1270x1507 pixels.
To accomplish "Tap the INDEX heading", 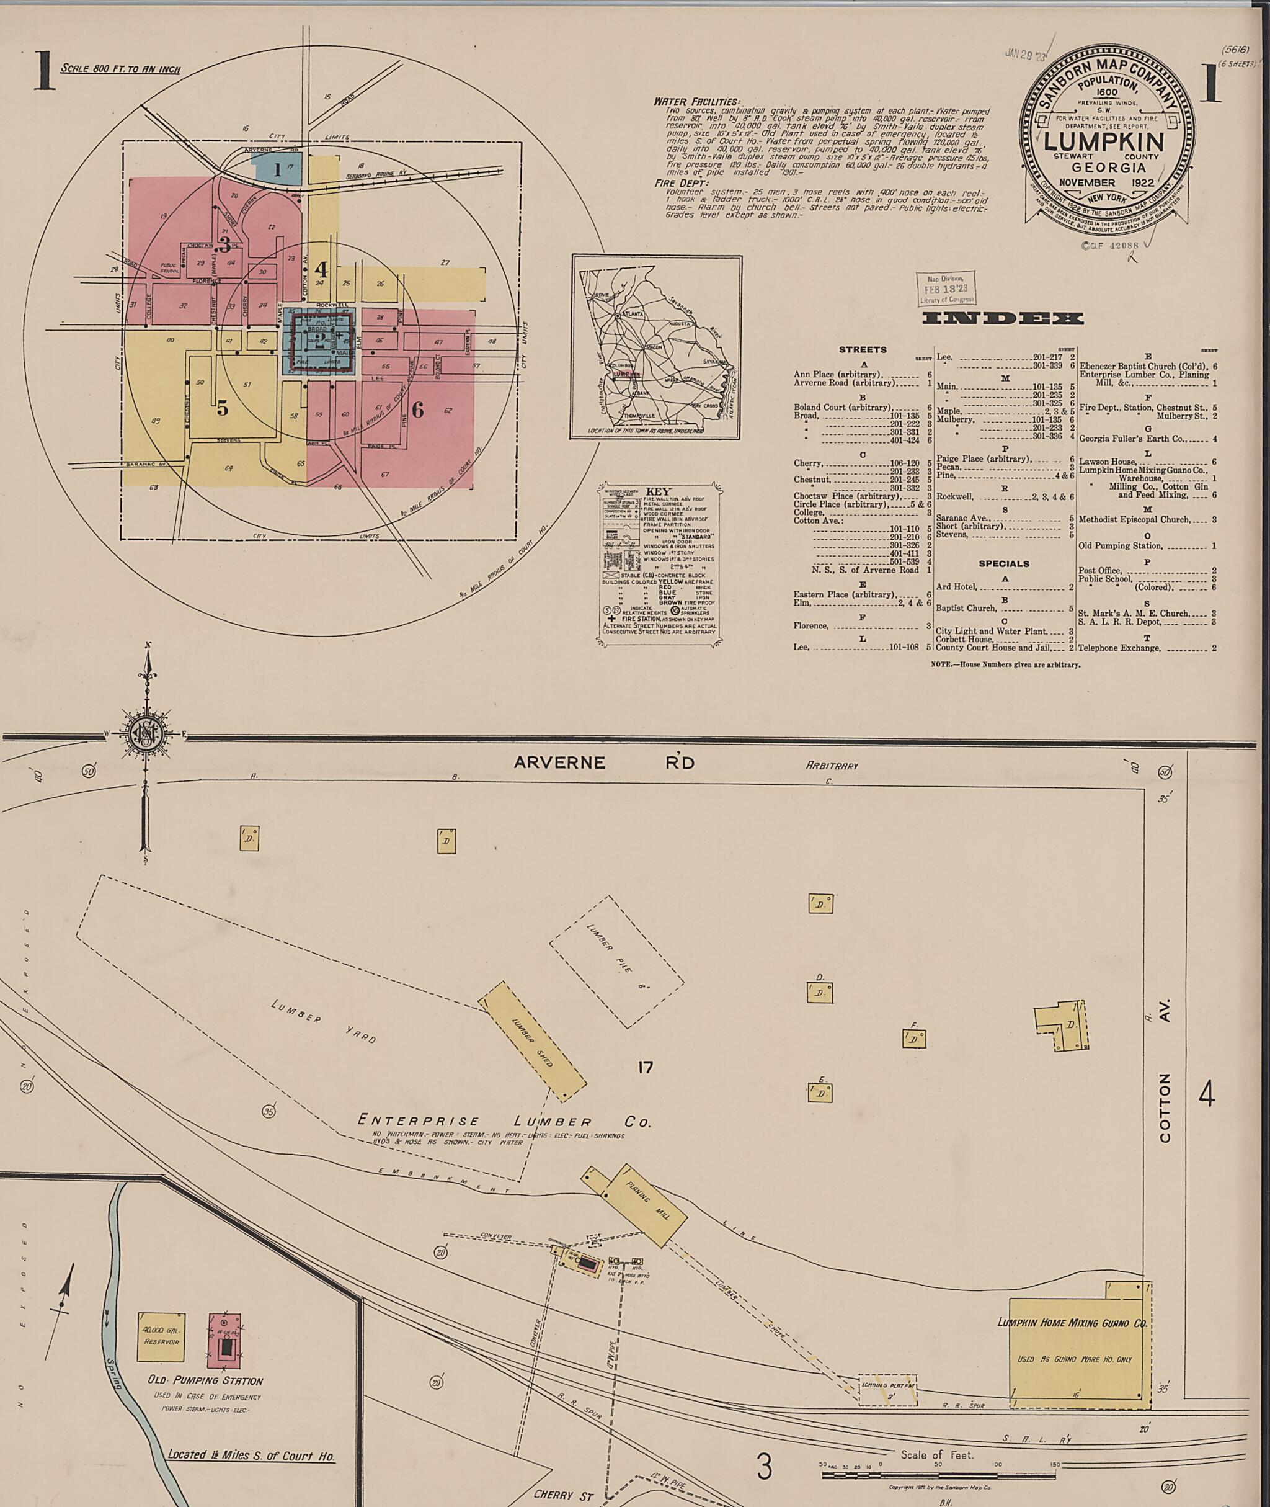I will point(1002,318).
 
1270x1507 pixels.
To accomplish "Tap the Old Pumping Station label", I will point(205,1382).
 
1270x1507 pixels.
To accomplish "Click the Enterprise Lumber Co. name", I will point(504,1122).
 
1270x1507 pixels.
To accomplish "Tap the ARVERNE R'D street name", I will point(604,763).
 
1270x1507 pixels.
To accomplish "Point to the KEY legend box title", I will point(659,491).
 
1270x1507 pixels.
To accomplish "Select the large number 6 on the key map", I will point(417,411).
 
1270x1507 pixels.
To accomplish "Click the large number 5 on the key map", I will point(223,408).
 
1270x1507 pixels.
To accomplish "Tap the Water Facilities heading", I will point(696,102).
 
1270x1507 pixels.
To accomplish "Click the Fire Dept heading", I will point(681,183).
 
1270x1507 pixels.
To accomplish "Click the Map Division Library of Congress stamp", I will point(945,288).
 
